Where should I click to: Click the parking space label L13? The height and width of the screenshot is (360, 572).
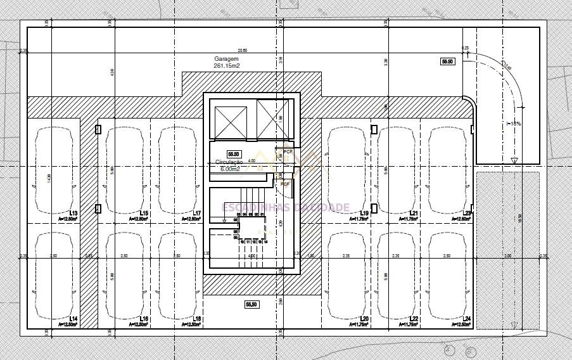pyautogui.click(x=73, y=213)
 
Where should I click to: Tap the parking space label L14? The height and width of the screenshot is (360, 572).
pyautogui.click(x=73, y=318)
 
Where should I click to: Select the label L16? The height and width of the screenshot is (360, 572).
pyautogui.click(x=144, y=318)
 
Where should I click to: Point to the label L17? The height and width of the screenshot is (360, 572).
pyautogui.click(x=196, y=213)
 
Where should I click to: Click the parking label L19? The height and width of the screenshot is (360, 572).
pyautogui.click(x=364, y=213)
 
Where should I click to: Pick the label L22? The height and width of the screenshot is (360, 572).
pyautogui.click(x=414, y=318)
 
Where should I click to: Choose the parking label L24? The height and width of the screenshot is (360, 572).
pyautogui.click(x=467, y=318)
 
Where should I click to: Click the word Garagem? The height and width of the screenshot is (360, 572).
pyautogui.click(x=227, y=59)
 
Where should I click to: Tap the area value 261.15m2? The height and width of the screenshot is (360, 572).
pyautogui.click(x=227, y=66)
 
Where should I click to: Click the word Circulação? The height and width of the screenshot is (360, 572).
pyautogui.click(x=229, y=163)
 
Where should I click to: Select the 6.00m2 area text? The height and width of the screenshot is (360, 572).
pyautogui.click(x=229, y=169)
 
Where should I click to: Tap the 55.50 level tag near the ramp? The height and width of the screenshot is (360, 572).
pyautogui.click(x=448, y=61)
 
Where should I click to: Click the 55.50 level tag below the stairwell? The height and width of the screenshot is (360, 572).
pyautogui.click(x=251, y=305)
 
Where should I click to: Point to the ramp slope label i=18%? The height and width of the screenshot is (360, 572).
pyautogui.click(x=514, y=124)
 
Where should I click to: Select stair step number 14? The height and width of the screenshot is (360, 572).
pyautogui.click(x=265, y=241)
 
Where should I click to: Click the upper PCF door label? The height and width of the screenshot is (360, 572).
pyautogui.click(x=287, y=152)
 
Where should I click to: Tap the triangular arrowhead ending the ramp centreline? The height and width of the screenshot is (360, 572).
pyautogui.click(x=514, y=161)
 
